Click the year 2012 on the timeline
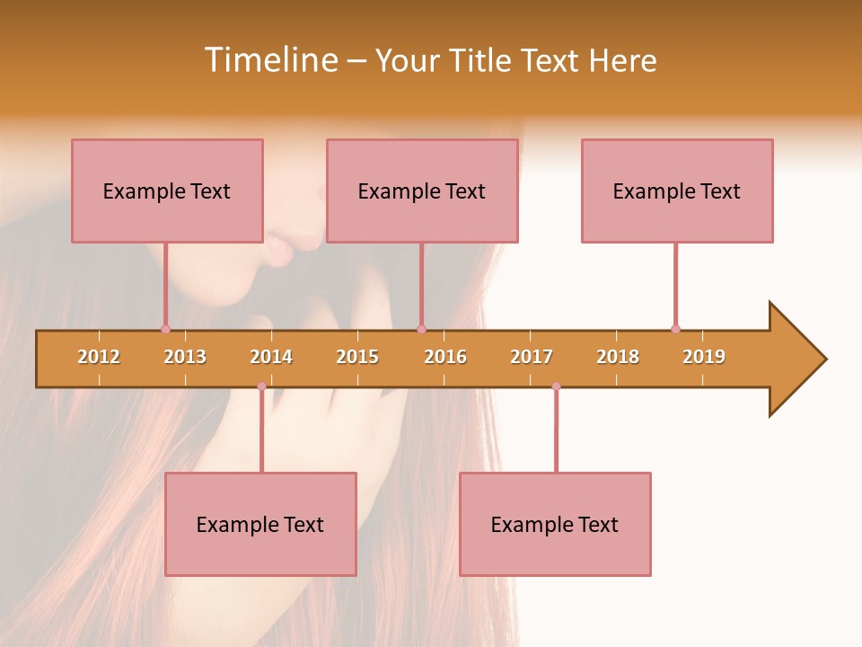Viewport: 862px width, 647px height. tap(99, 357)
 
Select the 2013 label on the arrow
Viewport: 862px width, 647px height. tap(185, 357)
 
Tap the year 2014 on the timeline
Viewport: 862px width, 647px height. tap(271, 357)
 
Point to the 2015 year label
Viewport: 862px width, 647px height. tap(357, 357)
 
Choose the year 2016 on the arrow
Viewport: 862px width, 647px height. tap(445, 357)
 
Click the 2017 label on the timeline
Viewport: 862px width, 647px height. tap(532, 357)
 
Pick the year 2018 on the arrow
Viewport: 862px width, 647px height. tap(618, 357)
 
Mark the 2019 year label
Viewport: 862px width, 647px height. tap(704, 357)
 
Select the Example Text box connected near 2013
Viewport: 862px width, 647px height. tap(167, 191)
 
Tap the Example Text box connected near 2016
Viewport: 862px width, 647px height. tap(422, 191)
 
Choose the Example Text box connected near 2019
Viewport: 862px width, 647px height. tap(677, 191)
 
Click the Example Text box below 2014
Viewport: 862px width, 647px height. tap(260, 524)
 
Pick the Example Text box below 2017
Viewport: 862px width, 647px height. tap(555, 524)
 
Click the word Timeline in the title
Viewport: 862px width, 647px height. tap(270, 60)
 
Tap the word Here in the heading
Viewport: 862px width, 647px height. tap(622, 60)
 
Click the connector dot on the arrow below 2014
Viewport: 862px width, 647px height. tap(261, 386)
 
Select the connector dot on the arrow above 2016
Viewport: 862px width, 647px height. tap(421, 329)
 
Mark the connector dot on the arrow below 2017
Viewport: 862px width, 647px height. tap(556, 386)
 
